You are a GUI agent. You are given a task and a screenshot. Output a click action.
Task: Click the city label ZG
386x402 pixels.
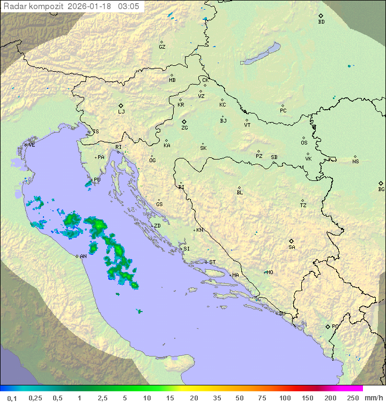184,128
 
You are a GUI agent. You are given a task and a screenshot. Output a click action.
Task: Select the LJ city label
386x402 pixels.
121,112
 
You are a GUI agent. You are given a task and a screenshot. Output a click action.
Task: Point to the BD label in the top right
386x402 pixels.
321,22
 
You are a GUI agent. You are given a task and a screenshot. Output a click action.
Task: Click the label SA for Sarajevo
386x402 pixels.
292,247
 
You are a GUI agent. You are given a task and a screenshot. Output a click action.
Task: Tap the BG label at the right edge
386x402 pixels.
381,189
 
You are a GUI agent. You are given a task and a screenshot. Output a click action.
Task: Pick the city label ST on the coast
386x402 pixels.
212,262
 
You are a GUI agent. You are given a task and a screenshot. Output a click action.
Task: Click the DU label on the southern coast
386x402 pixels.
281,314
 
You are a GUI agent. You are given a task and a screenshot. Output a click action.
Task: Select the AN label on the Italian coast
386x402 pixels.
83,256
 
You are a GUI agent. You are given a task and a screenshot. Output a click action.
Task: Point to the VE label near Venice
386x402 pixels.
32,145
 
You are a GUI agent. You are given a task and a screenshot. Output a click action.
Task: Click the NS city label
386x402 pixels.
355,162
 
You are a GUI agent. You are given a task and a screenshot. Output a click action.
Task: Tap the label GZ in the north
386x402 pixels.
162,47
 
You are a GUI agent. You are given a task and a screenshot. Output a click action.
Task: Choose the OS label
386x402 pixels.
304,143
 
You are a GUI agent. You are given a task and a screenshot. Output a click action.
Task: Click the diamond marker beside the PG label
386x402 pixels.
328,326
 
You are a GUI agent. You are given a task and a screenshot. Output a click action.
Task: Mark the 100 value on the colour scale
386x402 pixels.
285,398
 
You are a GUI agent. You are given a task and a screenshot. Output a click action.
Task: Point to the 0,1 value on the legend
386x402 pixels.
12,398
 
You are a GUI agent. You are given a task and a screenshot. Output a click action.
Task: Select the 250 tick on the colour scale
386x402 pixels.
353,398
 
